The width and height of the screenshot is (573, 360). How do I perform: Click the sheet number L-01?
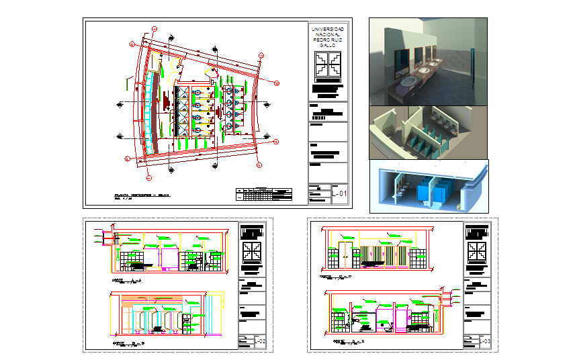[x=341, y=195]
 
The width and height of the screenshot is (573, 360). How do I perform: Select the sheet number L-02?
[x=261, y=342]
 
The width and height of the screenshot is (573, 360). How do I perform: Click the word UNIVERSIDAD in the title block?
[x=328, y=30]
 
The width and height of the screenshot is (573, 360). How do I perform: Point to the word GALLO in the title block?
[x=328, y=46]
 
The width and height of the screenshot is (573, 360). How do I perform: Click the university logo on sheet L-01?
[x=328, y=66]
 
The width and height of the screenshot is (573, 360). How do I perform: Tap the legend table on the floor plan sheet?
[x=265, y=195]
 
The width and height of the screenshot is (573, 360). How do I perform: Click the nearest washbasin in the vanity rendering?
[x=407, y=82]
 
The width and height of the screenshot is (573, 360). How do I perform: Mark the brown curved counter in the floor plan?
[x=155, y=111]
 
